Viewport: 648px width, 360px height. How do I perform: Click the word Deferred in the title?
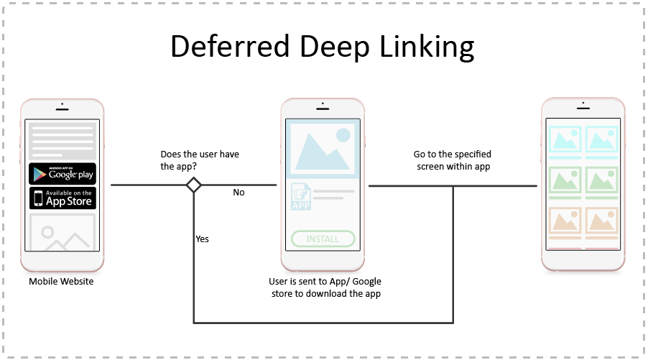tap(219, 47)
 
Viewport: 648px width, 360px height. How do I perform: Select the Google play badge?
tap(62, 174)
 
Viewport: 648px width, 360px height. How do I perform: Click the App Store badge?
tap(62, 198)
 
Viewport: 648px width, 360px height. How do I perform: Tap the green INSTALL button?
tap(323, 239)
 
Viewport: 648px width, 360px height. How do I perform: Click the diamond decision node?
tap(193, 185)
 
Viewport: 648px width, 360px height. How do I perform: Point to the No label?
tap(239, 193)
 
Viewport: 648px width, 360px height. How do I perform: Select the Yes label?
tap(202, 239)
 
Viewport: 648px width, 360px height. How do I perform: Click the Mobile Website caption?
tap(61, 281)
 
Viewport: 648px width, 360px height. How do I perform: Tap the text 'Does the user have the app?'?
tap(199, 160)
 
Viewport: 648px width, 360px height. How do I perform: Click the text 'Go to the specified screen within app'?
tap(453, 160)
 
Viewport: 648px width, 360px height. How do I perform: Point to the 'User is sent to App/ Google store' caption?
tap(325, 287)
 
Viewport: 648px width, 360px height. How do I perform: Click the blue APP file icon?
tap(300, 196)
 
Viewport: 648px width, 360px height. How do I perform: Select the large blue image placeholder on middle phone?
tap(323, 148)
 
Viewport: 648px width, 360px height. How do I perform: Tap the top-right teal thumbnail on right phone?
tap(601, 142)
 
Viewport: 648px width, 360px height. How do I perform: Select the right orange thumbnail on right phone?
tap(601, 222)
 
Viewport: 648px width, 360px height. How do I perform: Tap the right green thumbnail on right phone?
tap(601, 181)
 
